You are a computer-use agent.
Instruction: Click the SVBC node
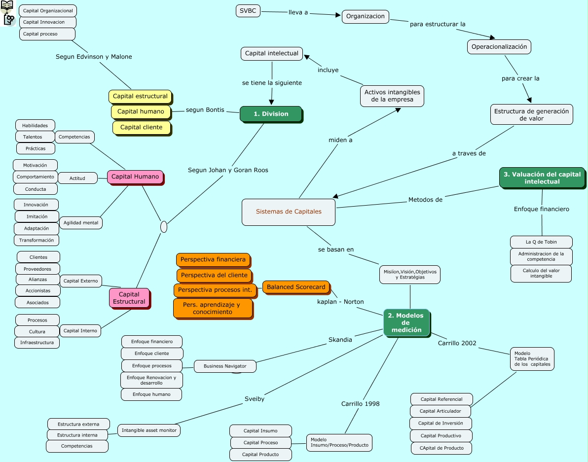tap(248, 11)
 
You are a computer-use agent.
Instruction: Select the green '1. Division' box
tap(271, 114)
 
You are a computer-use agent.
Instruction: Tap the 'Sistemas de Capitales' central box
tap(289, 212)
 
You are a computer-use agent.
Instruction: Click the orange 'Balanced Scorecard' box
tap(296, 287)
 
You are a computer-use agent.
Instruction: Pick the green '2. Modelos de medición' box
tap(406, 322)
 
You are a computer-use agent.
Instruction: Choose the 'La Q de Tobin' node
tap(541, 242)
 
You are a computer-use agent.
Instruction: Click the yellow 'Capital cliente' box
tap(142, 128)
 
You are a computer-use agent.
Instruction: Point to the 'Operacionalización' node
tap(499, 47)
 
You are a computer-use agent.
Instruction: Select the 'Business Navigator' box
tap(225, 366)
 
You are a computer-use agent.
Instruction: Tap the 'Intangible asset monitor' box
tap(149, 430)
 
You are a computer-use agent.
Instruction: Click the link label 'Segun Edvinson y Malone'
tap(94, 57)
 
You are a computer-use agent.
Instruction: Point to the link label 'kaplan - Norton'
tap(340, 302)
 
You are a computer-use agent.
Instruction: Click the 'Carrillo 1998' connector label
tap(361, 403)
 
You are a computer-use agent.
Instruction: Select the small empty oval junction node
tap(163, 227)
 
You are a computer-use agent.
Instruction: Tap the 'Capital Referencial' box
tap(441, 399)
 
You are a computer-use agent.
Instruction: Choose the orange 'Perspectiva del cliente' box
tap(215, 276)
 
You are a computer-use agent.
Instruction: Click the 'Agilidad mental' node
tap(80, 222)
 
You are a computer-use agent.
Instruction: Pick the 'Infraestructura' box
tap(37, 343)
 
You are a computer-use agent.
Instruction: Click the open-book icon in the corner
tap(7, 5)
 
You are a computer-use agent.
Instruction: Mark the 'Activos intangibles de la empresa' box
tap(392, 96)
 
